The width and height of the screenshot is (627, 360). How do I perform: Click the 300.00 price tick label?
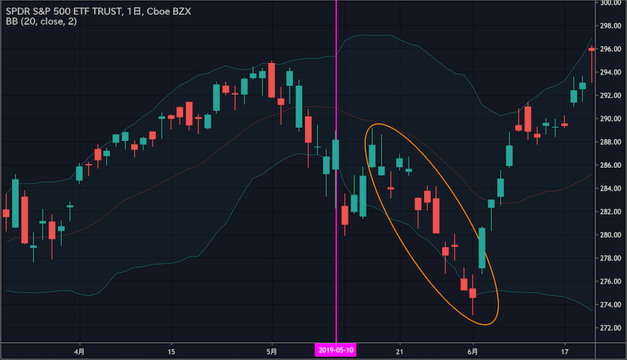pos(611,3)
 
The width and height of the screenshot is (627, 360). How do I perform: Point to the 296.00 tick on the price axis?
pos(611,49)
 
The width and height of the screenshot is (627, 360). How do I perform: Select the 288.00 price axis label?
pos(611,142)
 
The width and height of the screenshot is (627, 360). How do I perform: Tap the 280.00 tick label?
pos(611,235)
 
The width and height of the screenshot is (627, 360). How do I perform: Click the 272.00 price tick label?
pos(611,327)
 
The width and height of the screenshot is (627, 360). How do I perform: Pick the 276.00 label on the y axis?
pos(611,281)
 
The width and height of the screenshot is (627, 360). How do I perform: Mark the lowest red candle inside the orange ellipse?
pos(473,293)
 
